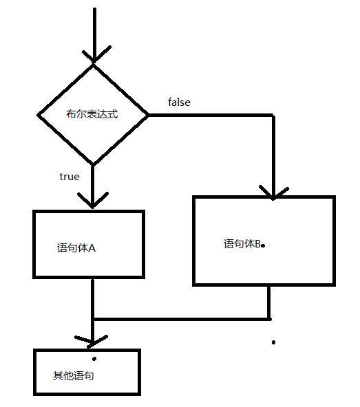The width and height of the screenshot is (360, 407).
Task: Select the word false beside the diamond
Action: (179, 102)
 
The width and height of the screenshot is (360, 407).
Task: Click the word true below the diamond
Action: (70, 177)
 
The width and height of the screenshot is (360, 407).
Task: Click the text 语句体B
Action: (242, 244)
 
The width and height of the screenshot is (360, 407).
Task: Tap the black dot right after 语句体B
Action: (263, 245)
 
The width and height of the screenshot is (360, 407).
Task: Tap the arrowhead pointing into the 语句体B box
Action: (273, 191)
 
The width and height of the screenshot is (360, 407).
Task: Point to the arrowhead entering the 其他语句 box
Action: (92, 340)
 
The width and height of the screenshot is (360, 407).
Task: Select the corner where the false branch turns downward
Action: (273, 115)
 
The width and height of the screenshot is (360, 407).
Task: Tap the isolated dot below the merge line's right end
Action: (273, 342)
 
